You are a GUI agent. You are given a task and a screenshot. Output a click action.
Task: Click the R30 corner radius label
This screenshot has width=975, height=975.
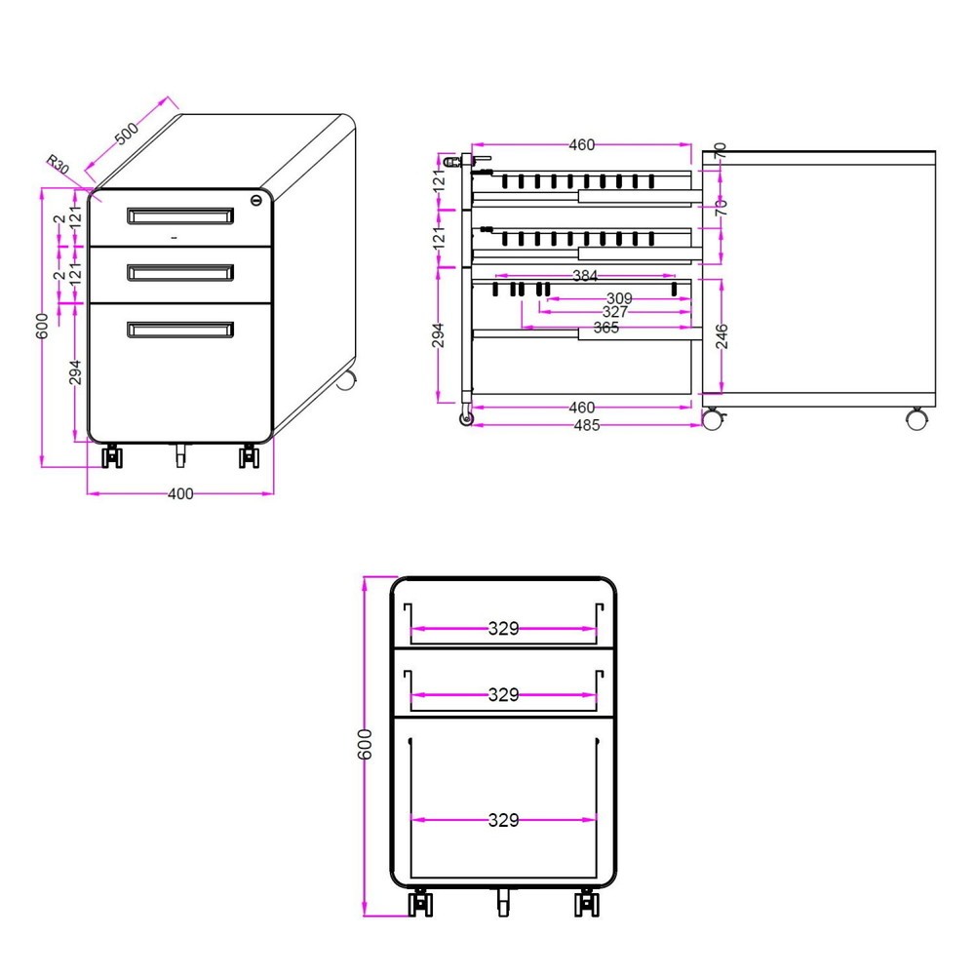(x=58, y=165)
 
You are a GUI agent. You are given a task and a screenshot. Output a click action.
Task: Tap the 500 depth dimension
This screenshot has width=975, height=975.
(x=127, y=134)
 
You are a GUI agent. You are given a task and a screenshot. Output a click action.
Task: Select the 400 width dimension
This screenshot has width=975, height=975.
(x=180, y=493)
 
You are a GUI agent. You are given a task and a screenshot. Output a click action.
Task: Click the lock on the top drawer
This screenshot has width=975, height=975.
(x=256, y=200)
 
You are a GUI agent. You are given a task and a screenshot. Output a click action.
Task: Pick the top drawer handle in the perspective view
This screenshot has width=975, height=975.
(x=180, y=215)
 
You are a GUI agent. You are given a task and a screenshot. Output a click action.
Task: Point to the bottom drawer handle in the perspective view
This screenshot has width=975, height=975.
(x=180, y=329)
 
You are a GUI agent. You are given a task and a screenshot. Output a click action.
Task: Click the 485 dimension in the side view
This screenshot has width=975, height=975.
(x=586, y=425)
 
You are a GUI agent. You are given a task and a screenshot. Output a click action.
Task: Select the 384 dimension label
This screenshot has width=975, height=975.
(x=584, y=276)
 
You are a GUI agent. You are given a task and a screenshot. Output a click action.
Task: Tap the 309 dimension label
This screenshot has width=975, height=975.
(x=619, y=299)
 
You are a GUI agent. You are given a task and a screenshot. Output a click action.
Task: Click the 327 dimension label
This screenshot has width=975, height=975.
(x=615, y=312)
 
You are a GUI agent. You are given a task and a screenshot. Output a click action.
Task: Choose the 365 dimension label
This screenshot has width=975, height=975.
(x=606, y=328)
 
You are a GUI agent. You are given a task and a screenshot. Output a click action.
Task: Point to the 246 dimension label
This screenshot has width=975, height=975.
(x=721, y=336)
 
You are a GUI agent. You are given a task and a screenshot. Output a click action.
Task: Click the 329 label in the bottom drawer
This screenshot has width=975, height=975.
(x=503, y=820)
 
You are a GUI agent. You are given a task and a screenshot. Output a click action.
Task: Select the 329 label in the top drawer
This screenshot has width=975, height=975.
(x=503, y=629)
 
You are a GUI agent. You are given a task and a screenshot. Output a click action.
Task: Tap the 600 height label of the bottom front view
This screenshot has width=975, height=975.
(x=365, y=744)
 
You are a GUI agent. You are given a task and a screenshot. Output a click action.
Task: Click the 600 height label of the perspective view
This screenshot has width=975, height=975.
(x=42, y=327)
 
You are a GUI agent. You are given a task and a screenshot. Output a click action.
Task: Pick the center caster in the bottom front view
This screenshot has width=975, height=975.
(x=503, y=902)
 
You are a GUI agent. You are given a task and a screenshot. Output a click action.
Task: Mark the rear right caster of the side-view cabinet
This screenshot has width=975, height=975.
(x=916, y=418)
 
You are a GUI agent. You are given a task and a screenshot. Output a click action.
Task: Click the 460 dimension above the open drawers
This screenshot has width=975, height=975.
(x=581, y=145)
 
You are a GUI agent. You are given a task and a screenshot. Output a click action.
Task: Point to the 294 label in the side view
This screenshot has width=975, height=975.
(x=438, y=335)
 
